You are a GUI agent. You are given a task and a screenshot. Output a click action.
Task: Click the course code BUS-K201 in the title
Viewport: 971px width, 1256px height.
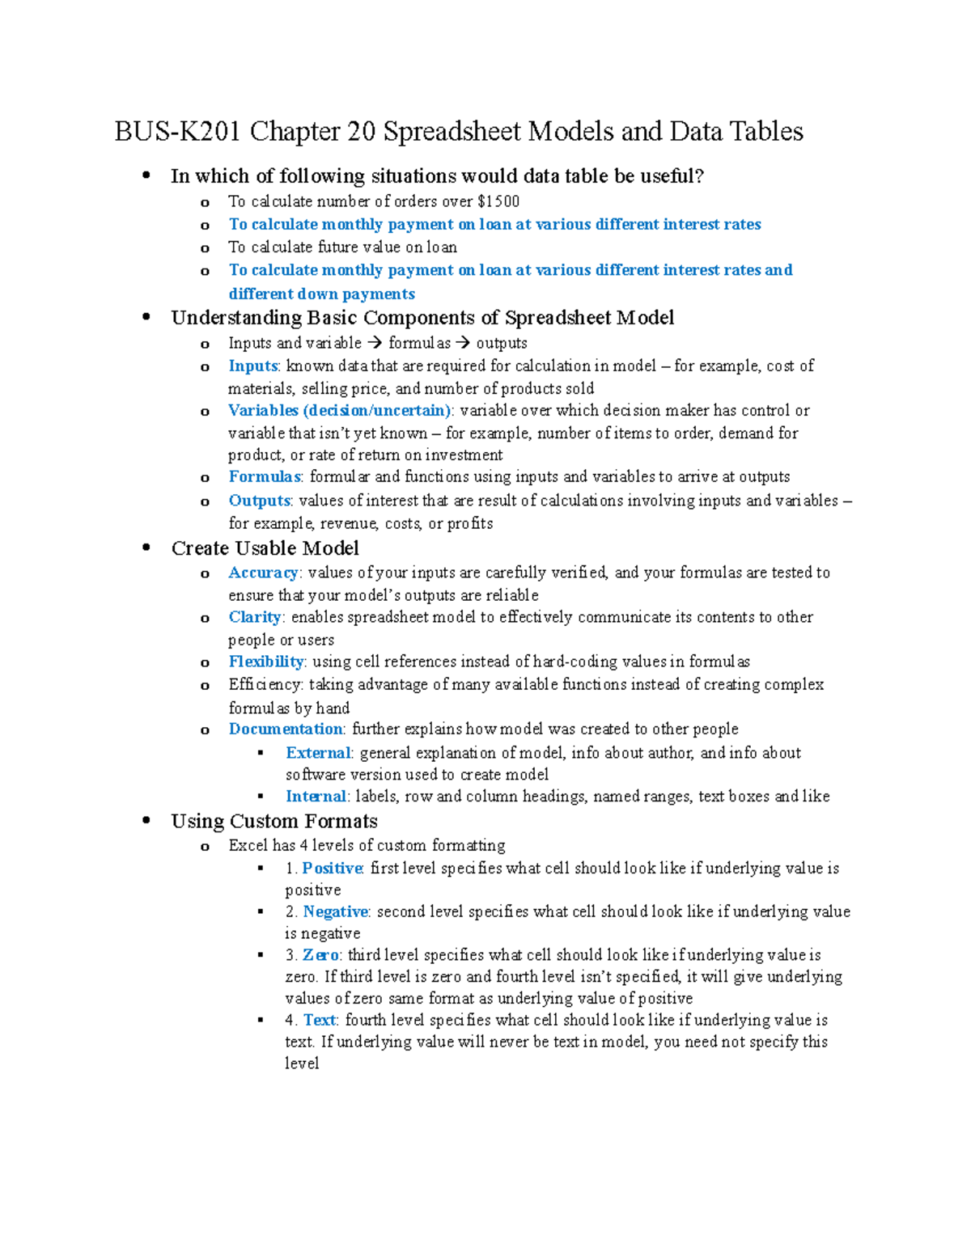(177, 132)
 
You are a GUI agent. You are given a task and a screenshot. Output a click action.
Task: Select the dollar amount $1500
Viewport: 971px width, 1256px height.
(498, 201)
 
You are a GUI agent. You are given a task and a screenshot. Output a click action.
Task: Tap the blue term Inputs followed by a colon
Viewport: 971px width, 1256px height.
(252, 366)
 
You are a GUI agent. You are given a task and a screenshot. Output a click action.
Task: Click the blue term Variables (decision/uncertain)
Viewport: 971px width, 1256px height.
(339, 410)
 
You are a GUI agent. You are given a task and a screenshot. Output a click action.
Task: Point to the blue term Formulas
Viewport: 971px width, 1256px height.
(265, 476)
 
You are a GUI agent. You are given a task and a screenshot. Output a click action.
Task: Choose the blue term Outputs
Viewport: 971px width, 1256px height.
(259, 501)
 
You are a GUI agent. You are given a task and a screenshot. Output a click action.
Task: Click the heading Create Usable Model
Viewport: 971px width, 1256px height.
(265, 548)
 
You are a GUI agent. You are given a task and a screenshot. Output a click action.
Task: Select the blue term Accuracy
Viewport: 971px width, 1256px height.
(263, 573)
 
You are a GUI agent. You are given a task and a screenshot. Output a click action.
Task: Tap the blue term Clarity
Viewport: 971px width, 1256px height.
(254, 617)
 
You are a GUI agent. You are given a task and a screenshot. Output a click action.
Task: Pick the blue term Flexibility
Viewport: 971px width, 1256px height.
(266, 662)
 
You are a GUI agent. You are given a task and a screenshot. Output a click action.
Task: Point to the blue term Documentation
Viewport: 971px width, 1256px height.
(286, 729)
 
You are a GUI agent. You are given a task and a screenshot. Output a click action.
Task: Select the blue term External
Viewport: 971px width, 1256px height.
(318, 753)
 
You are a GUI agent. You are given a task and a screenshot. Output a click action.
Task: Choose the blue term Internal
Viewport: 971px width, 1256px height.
(316, 797)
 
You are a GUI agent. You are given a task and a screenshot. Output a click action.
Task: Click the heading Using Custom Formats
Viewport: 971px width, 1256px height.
(274, 822)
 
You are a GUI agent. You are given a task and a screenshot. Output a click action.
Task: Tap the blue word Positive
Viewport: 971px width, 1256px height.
(332, 868)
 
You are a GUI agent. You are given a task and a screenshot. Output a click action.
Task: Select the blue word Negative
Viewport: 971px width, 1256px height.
(335, 911)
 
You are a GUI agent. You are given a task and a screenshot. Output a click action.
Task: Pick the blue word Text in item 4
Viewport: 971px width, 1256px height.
(320, 1020)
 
